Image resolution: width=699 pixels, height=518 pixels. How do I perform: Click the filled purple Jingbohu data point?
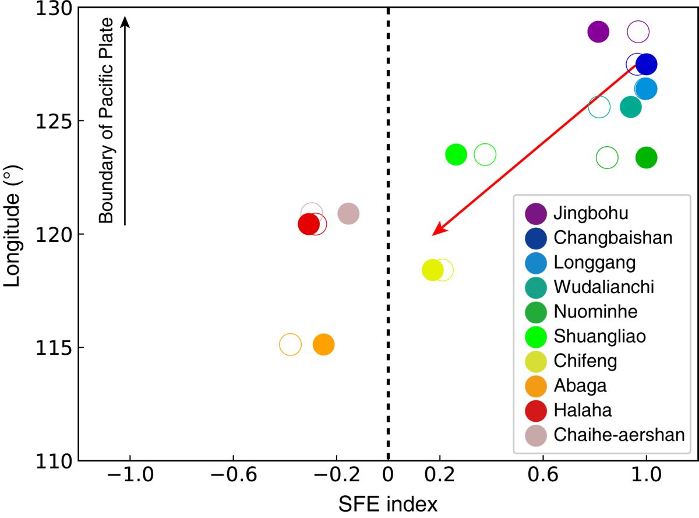pos(598,31)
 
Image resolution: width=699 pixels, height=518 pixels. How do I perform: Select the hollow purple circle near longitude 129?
pos(638,31)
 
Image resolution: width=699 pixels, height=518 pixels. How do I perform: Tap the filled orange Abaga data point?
pos(323,345)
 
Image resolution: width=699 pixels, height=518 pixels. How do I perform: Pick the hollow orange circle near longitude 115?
pos(290,345)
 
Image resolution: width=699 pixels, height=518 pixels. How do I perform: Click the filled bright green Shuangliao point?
pos(456,154)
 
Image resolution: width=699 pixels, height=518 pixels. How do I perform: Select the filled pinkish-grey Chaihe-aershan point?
pos(348,213)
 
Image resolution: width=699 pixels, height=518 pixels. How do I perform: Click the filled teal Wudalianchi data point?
pos(631,107)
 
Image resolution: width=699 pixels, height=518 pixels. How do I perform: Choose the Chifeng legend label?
pos(585,361)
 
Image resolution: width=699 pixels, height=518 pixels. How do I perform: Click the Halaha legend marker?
pos(535,410)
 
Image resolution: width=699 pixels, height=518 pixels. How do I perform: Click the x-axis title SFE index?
pos(387,502)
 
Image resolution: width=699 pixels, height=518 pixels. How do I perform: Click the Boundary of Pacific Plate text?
pos(105,121)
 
